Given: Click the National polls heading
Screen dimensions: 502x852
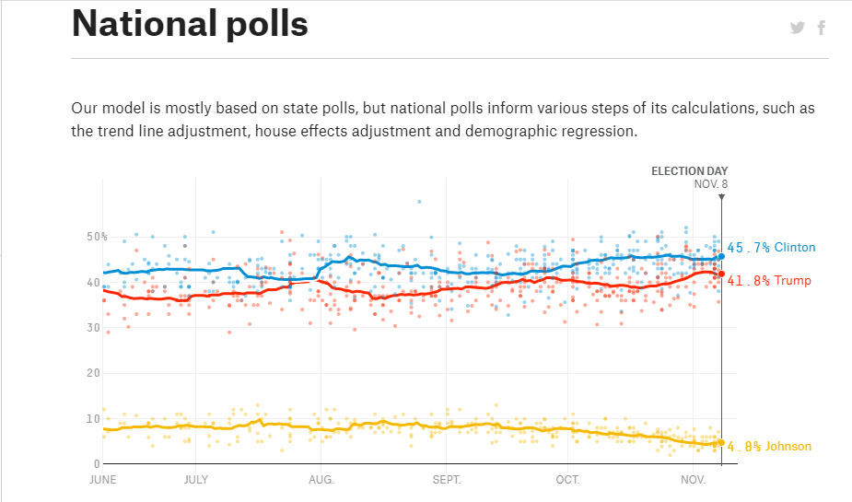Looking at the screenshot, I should pyautogui.click(x=190, y=24).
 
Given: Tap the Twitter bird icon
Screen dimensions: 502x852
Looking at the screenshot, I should pyautogui.click(x=798, y=28).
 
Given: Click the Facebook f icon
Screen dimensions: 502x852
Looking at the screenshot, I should pyautogui.click(x=822, y=28).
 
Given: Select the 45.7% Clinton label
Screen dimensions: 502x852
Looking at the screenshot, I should pyautogui.click(x=771, y=248).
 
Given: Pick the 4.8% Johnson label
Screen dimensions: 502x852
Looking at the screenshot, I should pyautogui.click(x=769, y=447).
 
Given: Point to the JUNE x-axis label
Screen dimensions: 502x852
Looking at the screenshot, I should pyautogui.click(x=102, y=480).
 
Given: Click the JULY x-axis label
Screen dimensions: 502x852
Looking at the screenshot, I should pyautogui.click(x=195, y=480).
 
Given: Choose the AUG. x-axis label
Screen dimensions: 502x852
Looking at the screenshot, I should pyautogui.click(x=321, y=480).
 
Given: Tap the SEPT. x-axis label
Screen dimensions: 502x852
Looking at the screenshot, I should pyautogui.click(x=446, y=480).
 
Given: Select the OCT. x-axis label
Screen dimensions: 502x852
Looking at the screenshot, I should pyautogui.click(x=567, y=480).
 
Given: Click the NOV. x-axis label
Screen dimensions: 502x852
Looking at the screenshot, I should pyautogui.click(x=693, y=480).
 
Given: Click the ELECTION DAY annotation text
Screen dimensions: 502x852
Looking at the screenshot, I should pyautogui.click(x=689, y=171).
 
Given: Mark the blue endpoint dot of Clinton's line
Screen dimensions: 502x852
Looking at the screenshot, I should pyautogui.click(x=721, y=257).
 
